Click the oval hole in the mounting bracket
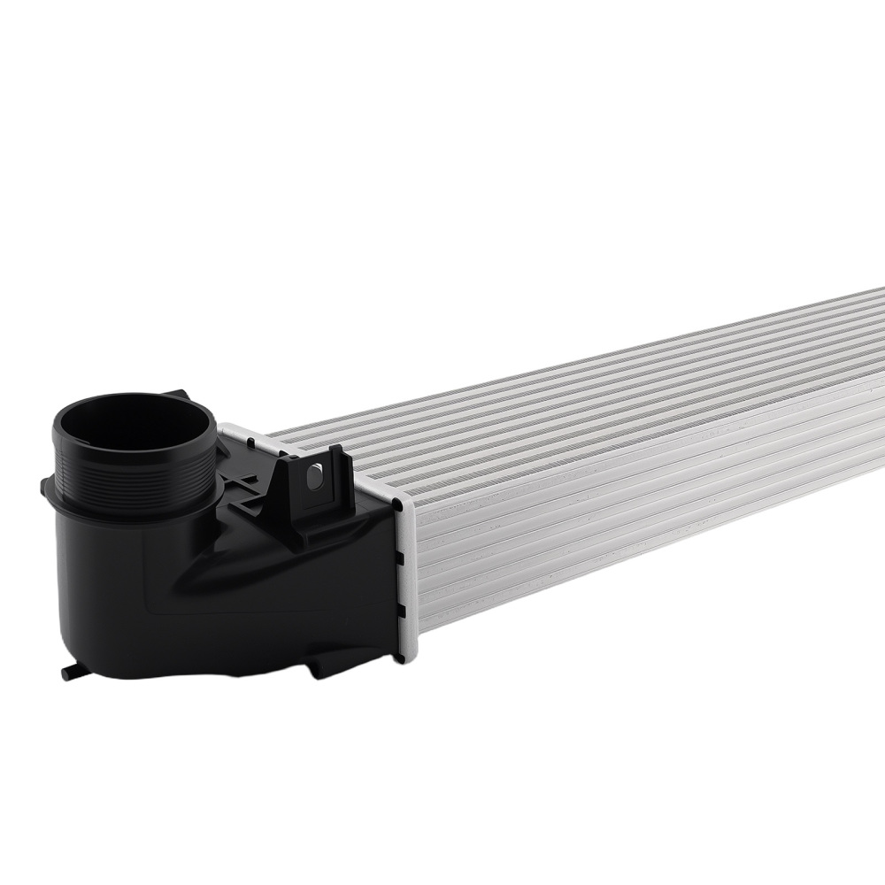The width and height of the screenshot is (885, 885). point(311,477)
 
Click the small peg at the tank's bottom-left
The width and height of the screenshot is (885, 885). point(68,674)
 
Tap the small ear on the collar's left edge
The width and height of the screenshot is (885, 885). point(45,485)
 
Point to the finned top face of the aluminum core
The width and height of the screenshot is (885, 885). point(575,389)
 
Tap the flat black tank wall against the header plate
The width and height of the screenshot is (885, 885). point(376,584)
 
